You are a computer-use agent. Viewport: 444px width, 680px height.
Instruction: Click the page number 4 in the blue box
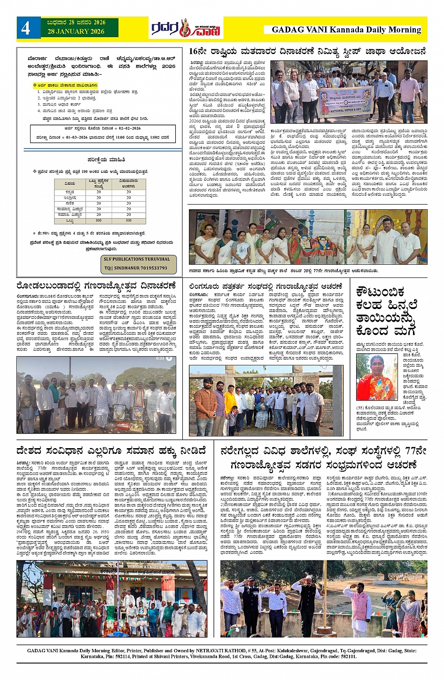click(25, 28)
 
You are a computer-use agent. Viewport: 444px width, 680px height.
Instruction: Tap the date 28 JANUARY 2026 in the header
click(76, 32)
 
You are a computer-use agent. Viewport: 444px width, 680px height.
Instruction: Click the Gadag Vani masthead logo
click(186, 29)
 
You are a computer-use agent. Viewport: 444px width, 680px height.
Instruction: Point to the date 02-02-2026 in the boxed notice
click(129, 128)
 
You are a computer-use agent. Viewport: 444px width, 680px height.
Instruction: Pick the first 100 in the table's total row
click(99, 221)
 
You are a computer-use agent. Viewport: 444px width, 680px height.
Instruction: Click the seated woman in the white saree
click(261, 414)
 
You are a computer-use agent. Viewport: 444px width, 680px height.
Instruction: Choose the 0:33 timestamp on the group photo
click(160, 358)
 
